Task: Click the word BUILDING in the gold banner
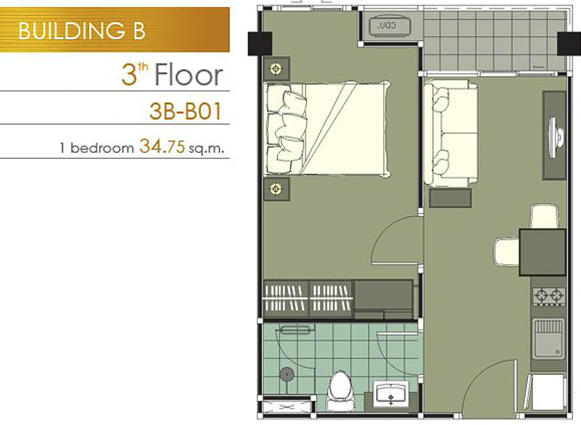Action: pyautogui.click(x=72, y=31)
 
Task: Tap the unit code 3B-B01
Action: pyautogui.click(x=185, y=111)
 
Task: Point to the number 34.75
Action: pyautogui.click(x=162, y=146)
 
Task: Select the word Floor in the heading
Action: pyautogui.click(x=188, y=75)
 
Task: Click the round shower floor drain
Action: pyautogui.click(x=287, y=374)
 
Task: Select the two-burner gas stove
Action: pyautogui.click(x=549, y=296)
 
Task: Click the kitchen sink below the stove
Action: pyautogui.click(x=549, y=338)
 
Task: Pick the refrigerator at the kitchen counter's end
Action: pyautogui.click(x=547, y=392)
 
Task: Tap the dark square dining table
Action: pyautogui.click(x=542, y=253)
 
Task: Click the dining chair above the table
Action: pyautogui.click(x=545, y=216)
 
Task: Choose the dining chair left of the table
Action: pyautogui.click(x=507, y=253)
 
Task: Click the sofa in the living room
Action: pyautogui.click(x=451, y=132)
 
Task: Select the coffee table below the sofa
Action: pyautogui.click(x=450, y=198)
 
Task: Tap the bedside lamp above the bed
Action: pyautogui.click(x=276, y=68)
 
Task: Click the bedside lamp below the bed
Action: pyautogui.click(x=276, y=188)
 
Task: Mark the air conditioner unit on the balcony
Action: pyautogui.click(x=390, y=26)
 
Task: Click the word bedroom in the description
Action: pyautogui.click(x=102, y=148)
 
